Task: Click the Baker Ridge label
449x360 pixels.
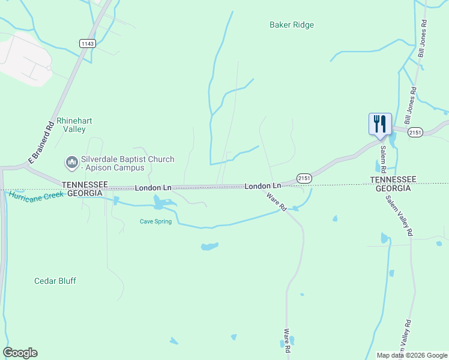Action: [292, 25]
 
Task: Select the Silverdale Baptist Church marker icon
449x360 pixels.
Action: [71, 163]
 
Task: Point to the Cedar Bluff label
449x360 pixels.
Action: [55, 281]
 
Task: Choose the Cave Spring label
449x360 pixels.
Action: [155, 221]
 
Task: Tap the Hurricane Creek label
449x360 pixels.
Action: [36, 196]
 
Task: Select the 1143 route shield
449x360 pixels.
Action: [87, 43]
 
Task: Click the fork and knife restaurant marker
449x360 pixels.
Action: [380, 124]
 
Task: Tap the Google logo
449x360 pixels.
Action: [20, 353]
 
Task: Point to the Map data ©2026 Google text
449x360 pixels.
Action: [412, 355]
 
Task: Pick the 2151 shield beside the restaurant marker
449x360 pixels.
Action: [415, 132]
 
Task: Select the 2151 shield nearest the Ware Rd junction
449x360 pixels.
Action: [304, 179]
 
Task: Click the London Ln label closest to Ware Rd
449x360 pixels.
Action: [263, 187]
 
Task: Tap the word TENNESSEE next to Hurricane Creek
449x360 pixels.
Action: [85, 184]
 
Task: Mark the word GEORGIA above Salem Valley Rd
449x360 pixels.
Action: [393, 188]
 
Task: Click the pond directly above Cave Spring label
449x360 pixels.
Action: [161, 204]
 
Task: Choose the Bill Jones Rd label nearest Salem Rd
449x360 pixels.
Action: [411, 107]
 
